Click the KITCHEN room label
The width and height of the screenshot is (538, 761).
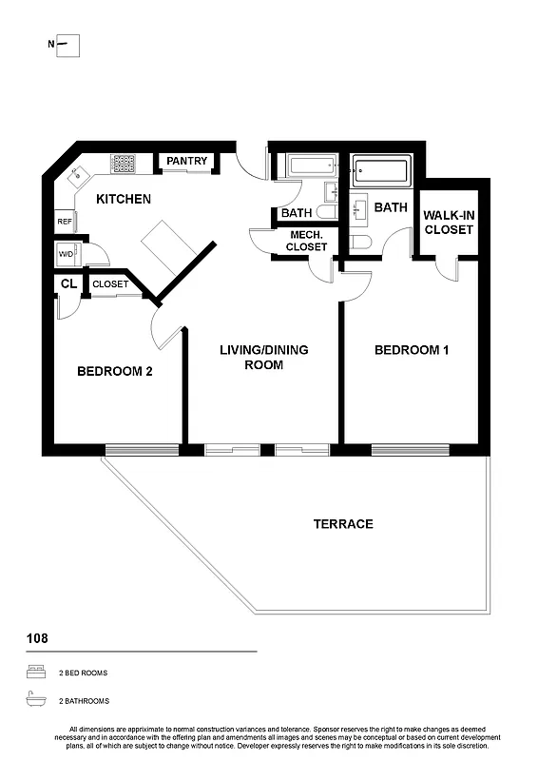(124, 200)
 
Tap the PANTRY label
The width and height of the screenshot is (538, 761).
(186, 162)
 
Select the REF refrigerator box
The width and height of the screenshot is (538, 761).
(65, 221)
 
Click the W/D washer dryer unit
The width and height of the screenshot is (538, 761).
(67, 255)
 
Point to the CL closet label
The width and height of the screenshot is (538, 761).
(68, 284)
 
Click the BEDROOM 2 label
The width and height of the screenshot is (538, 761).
(114, 372)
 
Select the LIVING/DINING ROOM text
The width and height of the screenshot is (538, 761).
(263, 357)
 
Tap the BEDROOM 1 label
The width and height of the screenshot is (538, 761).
(412, 350)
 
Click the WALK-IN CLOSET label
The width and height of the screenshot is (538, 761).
(449, 223)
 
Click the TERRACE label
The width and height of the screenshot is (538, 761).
(343, 524)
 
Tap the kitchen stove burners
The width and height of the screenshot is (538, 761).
(124, 164)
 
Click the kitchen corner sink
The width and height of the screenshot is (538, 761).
(76, 175)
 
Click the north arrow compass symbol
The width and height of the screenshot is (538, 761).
(67, 45)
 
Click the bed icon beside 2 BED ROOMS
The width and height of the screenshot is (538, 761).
(37, 673)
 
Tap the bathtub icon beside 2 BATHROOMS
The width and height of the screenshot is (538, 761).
(37, 700)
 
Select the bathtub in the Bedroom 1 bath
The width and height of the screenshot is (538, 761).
(381, 173)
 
